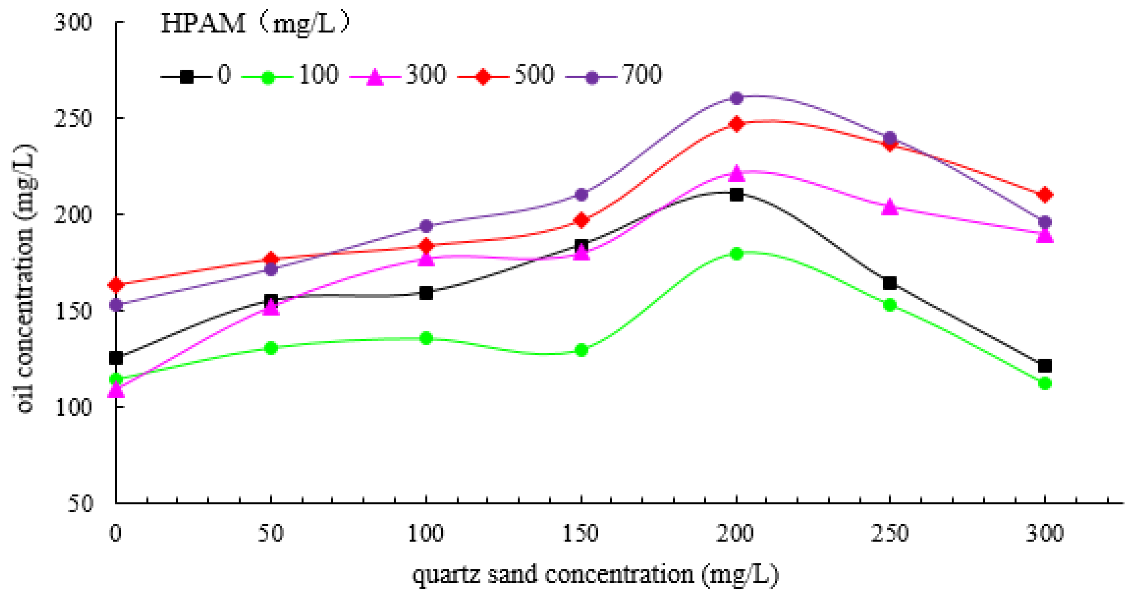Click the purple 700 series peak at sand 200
click(736, 98)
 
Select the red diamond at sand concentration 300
click(1045, 194)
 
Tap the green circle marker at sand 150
click(581, 350)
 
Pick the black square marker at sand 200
click(736, 194)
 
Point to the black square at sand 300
click(1045, 366)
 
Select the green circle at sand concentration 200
click(736, 254)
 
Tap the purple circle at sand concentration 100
click(426, 226)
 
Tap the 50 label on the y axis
click(80, 503)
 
